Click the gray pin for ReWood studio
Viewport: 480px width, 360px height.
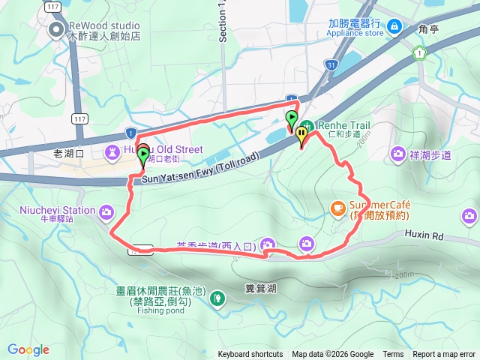[55, 30]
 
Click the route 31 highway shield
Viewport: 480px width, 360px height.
[331, 65]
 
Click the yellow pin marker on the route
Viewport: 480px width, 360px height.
[301, 136]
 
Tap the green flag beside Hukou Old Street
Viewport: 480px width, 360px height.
[142, 155]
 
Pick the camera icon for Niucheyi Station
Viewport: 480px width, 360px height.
[106, 212]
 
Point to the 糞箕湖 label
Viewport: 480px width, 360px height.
[261, 288]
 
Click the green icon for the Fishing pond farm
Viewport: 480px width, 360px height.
[217, 298]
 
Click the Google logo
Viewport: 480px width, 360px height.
[28, 350]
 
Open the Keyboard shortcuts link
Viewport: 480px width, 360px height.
[250, 355]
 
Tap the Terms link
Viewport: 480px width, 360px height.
[392, 355]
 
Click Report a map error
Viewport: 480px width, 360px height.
[444, 355]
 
